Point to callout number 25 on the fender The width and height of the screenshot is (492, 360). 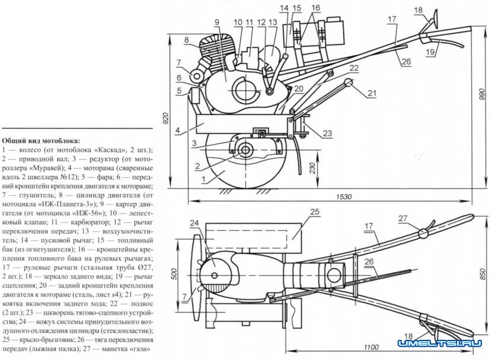[x=314, y=212]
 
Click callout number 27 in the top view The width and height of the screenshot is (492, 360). [x=403, y=218]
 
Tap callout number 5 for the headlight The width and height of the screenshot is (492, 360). [x=178, y=91]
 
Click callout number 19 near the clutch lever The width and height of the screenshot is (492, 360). [x=430, y=52]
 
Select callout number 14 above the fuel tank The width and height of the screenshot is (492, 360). [x=285, y=8]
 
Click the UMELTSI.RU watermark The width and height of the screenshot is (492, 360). [x=439, y=344]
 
